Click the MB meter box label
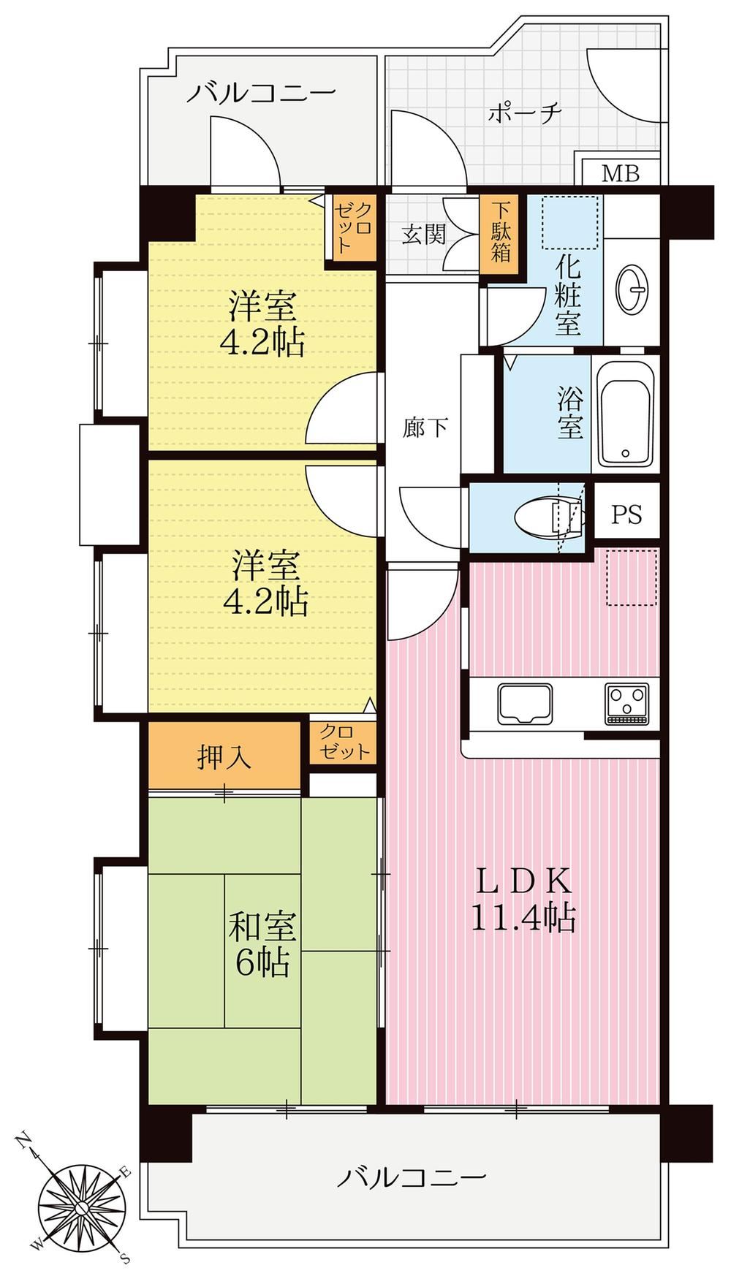point(621,174)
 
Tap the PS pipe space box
point(626,514)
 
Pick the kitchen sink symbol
point(526,703)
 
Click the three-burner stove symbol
point(626,704)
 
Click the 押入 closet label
point(224,756)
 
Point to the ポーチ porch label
point(525,114)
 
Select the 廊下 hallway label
point(426,428)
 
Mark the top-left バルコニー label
point(261,93)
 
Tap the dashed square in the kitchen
point(632,578)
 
